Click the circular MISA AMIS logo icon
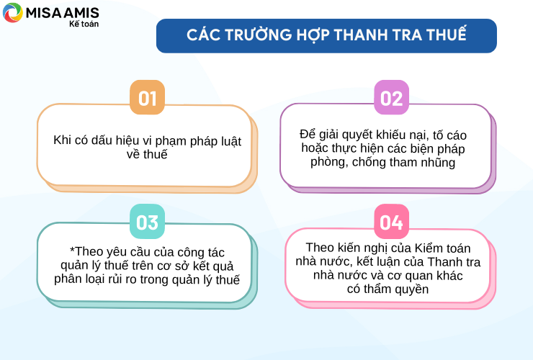click(x=12, y=12)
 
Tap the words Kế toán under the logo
click(x=84, y=24)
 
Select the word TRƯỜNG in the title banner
click(x=259, y=35)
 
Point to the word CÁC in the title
click(x=203, y=35)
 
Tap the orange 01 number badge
click(x=147, y=97)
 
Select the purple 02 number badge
click(x=391, y=97)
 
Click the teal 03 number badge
click(x=147, y=221)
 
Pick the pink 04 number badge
click(x=391, y=221)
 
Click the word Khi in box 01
click(x=61, y=140)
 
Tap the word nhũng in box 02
click(x=438, y=162)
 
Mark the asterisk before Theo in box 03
click(x=72, y=250)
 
